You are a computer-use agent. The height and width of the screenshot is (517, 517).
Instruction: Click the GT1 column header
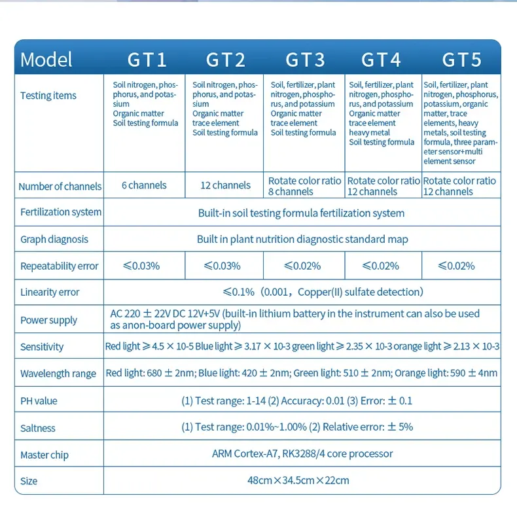pyautogui.click(x=147, y=60)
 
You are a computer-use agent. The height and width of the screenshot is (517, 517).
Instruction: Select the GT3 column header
pyautogui.click(x=305, y=60)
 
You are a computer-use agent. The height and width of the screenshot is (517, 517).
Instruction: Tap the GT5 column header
pyautogui.click(x=461, y=60)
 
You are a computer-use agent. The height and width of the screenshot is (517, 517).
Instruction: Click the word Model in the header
pyautogui.click(x=46, y=60)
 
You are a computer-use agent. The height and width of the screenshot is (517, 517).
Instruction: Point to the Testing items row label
pyautogui.click(x=48, y=96)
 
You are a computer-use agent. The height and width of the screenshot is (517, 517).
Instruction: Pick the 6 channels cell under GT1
pyautogui.click(x=144, y=185)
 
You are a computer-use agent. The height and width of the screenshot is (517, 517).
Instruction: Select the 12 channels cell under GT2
pyautogui.click(x=225, y=185)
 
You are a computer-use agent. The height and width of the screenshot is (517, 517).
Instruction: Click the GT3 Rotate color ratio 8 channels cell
pyautogui.click(x=304, y=186)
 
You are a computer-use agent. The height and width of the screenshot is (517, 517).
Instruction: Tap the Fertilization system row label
pyautogui.click(x=61, y=212)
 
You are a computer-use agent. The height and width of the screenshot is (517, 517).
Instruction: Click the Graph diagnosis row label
pyautogui.click(x=54, y=240)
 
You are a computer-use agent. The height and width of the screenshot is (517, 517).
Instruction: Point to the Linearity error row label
pyautogui.click(x=50, y=293)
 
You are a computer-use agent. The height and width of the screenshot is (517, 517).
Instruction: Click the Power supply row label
pyautogui.click(x=48, y=320)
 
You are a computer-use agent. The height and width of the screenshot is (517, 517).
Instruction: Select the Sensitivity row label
pyautogui.click(x=42, y=347)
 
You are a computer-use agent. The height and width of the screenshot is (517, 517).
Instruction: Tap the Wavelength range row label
pyautogui.click(x=58, y=374)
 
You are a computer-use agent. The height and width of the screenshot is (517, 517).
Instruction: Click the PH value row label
pyautogui.click(x=39, y=401)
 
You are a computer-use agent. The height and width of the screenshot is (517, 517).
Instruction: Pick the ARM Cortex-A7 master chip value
pyautogui.click(x=302, y=454)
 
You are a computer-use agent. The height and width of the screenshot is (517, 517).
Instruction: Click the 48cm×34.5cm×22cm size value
pyautogui.click(x=302, y=480)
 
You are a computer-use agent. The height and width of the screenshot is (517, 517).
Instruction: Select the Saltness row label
pyautogui.click(x=38, y=428)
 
